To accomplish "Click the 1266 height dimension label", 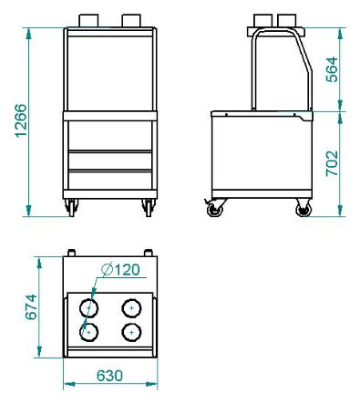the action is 21,120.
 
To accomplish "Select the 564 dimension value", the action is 332,69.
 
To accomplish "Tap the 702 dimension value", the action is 332,163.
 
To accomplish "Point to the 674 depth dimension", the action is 31,307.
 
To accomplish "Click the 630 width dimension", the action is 109,376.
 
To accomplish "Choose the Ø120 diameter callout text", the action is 121,270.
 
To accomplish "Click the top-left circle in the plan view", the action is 88,308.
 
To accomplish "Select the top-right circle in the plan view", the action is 131,308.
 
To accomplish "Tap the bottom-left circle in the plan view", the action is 88,332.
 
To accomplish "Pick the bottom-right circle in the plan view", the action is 131,332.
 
